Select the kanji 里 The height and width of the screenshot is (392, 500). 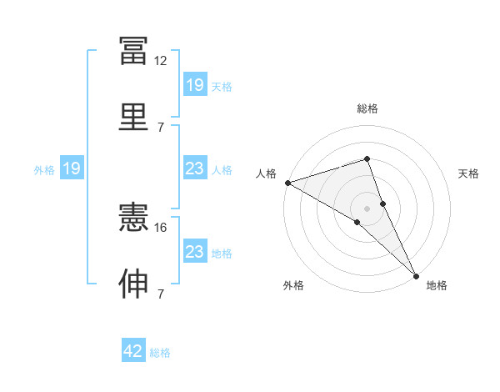[133, 117]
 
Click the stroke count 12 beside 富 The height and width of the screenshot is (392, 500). [160, 61]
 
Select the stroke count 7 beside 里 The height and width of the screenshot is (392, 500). [160, 127]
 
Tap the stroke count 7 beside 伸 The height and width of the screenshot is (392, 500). [160, 294]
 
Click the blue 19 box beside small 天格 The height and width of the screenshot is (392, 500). [195, 84]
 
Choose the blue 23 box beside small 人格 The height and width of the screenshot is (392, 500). [195, 168]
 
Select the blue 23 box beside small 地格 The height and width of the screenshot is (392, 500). [195, 252]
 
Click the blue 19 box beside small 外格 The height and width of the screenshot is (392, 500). [72, 168]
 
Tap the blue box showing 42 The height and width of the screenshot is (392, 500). [133, 351]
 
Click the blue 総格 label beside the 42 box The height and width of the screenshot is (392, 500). [160, 352]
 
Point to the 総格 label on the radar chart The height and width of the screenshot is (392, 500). [367, 108]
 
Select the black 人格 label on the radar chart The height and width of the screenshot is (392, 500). [266, 173]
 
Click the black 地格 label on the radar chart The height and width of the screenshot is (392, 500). [437, 286]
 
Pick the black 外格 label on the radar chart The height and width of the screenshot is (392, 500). [292, 286]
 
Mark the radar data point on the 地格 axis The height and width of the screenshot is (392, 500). [416, 274]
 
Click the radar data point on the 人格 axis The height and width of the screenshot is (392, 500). [287, 183]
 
